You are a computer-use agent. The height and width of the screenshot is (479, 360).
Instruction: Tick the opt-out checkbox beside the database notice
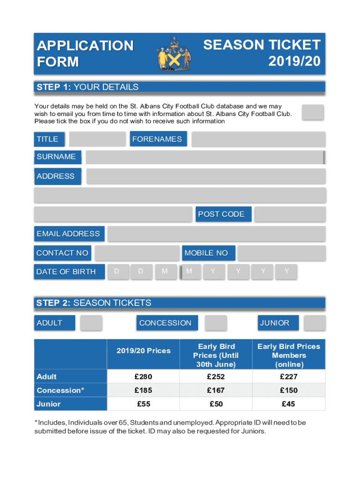[x=312, y=112]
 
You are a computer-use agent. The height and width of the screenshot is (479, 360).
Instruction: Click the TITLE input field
[x=97, y=139]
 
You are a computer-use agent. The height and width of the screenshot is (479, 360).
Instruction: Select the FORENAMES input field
[x=258, y=139]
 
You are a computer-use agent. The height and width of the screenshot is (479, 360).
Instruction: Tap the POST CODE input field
[x=290, y=214]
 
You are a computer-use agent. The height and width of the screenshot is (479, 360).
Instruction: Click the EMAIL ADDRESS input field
[x=216, y=233]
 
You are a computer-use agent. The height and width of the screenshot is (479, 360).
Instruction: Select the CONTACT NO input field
[x=137, y=253]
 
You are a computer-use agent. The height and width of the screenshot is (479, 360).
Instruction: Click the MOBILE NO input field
[x=281, y=253]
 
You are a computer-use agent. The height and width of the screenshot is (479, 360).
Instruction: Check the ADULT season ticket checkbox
[x=91, y=323]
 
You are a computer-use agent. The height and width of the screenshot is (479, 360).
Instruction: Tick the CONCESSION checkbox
[x=216, y=323]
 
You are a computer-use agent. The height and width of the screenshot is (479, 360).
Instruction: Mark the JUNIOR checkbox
[x=314, y=323]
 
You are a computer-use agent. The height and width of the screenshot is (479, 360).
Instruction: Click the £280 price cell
[x=143, y=377]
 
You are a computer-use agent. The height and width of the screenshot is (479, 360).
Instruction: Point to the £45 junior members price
[x=288, y=404]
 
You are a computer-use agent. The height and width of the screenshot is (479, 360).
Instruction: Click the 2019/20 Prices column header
[x=143, y=351]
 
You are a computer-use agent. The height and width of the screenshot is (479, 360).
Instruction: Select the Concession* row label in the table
[x=60, y=390]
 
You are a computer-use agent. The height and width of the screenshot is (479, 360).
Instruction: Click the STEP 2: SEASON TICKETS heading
[x=94, y=303]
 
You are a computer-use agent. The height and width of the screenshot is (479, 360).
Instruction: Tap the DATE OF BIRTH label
[x=66, y=272]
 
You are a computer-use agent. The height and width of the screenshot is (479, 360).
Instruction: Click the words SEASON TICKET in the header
[x=262, y=45]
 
